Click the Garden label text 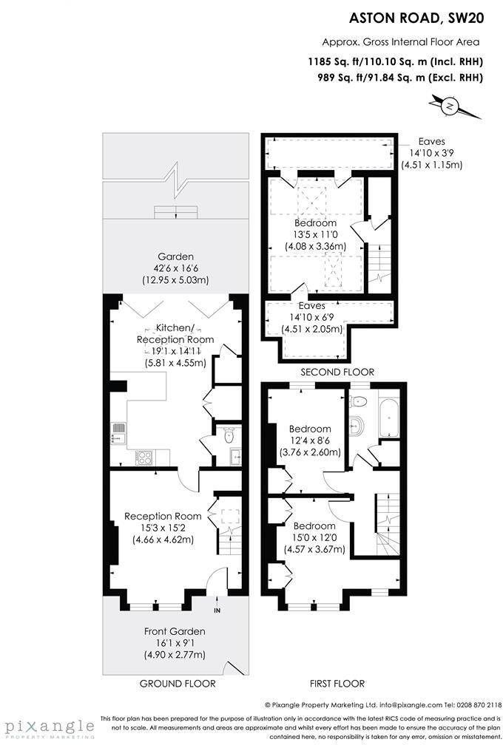click(175, 256)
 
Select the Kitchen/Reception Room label click(175, 334)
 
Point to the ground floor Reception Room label click(163, 516)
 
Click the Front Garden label click(175, 631)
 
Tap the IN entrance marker click(217, 610)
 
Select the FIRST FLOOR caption click(339, 684)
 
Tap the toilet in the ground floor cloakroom click(229, 436)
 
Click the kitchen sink click(118, 432)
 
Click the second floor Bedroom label click(316, 222)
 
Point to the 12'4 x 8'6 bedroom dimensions click(311, 440)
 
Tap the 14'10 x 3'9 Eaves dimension click(431, 154)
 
